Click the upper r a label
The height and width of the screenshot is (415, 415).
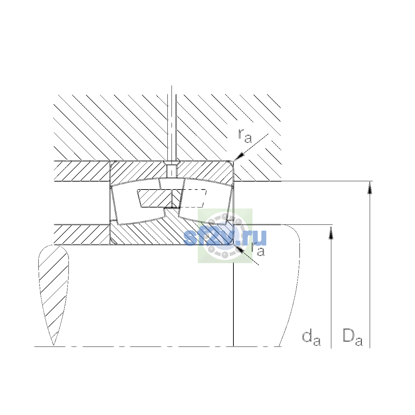coord(245,136)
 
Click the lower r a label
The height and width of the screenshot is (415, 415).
coord(258,249)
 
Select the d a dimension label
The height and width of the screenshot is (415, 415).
coord(311,339)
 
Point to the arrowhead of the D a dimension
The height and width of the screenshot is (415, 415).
coord(370,187)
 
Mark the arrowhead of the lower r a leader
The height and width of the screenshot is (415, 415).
coord(239,249)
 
